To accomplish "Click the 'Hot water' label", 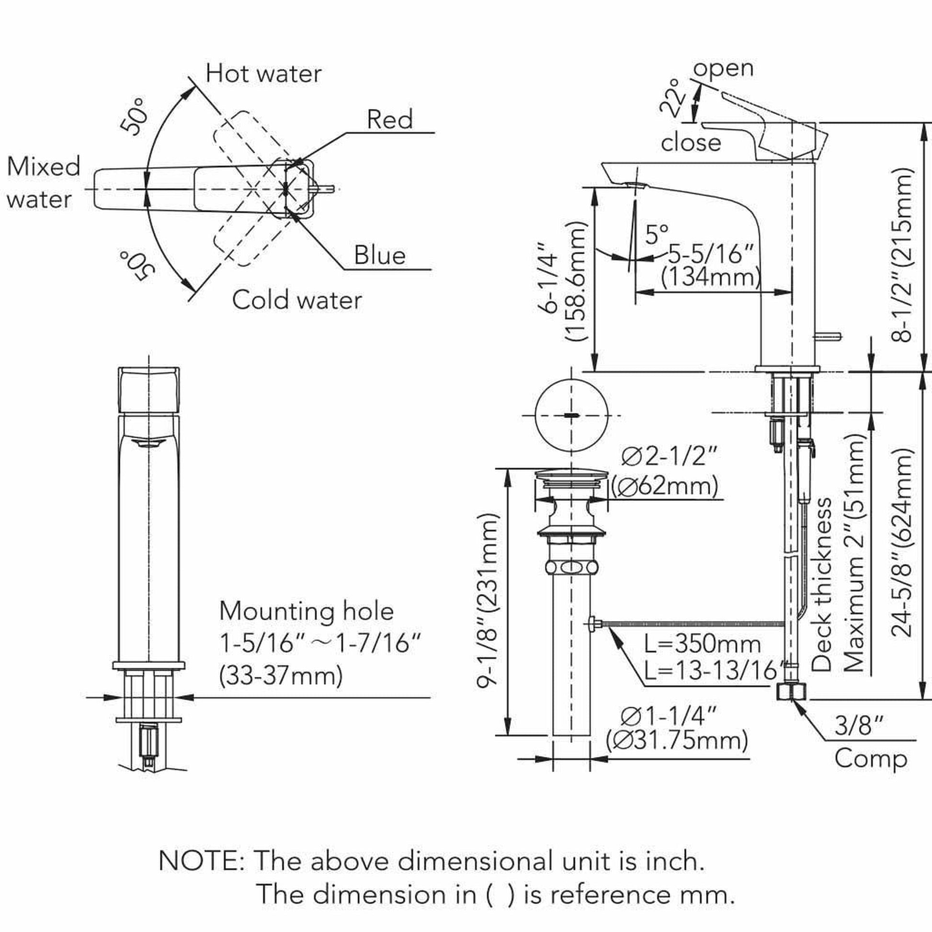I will coord(263,74).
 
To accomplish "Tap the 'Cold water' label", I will coord(296,300).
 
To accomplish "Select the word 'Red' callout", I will coord(390,119).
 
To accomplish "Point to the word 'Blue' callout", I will coord(380,255).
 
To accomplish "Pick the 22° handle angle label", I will coord(673,98).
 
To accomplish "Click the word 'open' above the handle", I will coord(723,68).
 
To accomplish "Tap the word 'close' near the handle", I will coord(691,143).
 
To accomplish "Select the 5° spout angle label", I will coord(657,235).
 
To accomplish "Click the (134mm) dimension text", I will coord(711,277).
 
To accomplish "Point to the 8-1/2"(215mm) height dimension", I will coord(901,255).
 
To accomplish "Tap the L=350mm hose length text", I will coord(703,644).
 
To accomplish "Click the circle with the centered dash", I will coord(572,415).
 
